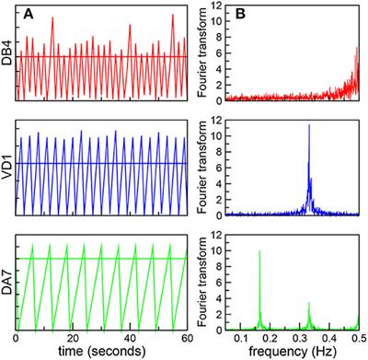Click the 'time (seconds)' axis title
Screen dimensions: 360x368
point(102,351)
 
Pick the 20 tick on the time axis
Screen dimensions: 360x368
point(77,337)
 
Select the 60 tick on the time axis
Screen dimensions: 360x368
point(187,337)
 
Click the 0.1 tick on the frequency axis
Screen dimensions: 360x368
point(241,337)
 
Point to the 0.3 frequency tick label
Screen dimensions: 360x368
point(300,337)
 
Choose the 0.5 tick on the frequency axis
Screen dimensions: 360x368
point(357,337)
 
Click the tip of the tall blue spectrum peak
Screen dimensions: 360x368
point(309,125)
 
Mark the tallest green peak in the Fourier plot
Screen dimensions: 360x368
point(259,250)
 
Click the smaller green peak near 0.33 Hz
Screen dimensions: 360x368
point(309,302)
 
